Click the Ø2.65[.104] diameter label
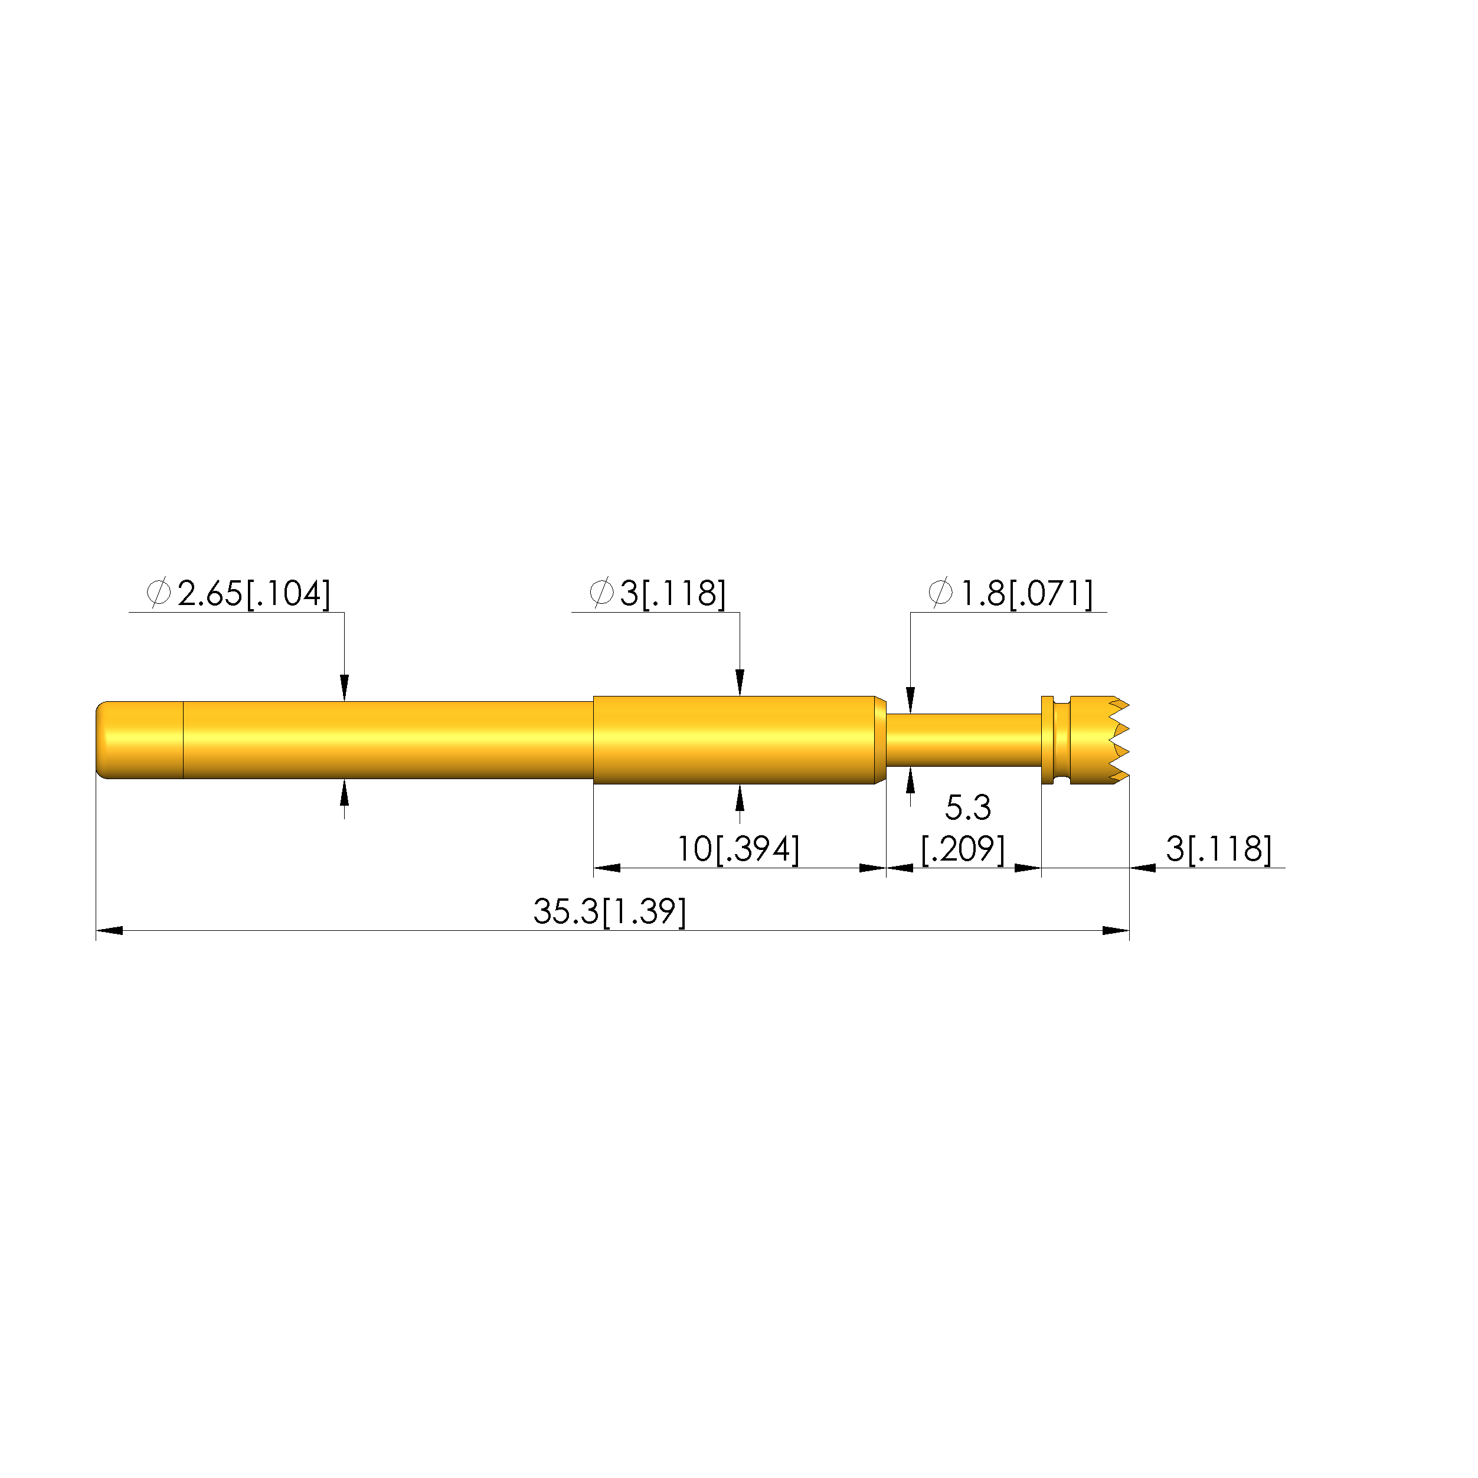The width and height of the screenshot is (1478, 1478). pyautogui.click(x=238, y=594)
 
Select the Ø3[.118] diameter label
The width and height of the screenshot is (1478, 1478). pyautogui.click(x=657, y=594)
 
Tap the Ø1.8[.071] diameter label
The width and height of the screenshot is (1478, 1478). pyautogui.click(x=1010, y=594)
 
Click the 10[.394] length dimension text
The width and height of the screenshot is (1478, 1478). pyautogui.click(x=738, y=849)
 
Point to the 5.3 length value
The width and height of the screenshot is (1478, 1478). pyautogui.click(x=968, y=807)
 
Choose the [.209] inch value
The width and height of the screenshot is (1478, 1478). pyautogui.click(x=962, y=849)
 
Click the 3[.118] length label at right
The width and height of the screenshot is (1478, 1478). pyautogui.click(x=1219, y=849)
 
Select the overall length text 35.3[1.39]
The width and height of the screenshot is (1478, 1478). pyautogui.click(x=610, y=912)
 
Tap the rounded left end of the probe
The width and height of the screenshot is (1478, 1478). pyautogui.click(x=107, y=740)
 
